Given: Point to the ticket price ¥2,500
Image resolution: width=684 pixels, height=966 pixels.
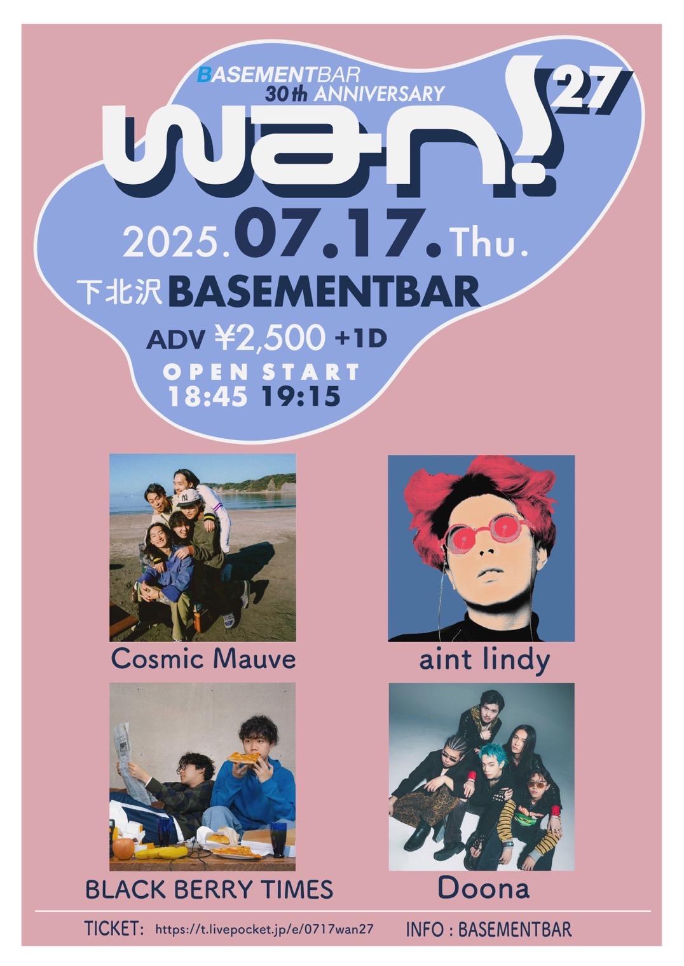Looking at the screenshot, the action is (x=270, y=338).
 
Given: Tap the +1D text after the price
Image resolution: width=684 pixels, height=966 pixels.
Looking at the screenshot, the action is (x=361, y=339).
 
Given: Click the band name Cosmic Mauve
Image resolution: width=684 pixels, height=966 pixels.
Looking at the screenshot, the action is (x=203, y=659).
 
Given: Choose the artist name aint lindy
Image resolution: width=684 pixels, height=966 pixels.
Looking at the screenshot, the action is (x=484, y=660).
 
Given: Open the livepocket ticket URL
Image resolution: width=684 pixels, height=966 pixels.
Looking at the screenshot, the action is (x=263, y=937).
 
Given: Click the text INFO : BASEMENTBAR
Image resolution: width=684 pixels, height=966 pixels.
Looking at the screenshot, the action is (x=489, y=938).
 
